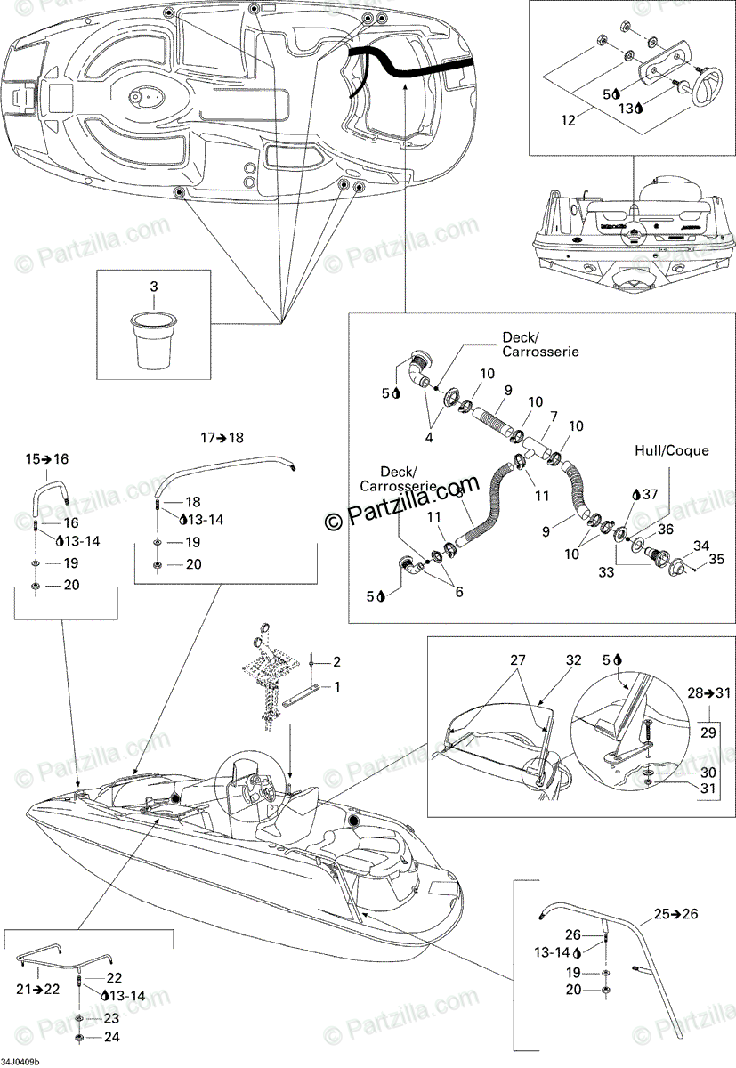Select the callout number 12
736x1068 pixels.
567,117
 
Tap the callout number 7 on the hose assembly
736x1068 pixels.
553,417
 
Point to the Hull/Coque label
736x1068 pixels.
672,450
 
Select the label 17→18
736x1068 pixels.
222,438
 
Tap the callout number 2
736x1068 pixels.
337,661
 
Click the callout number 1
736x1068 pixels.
337,686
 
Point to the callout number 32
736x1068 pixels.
573,660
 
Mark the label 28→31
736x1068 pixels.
708,692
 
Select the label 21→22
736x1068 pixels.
37,989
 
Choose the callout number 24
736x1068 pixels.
112,1036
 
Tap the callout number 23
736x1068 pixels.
112,1018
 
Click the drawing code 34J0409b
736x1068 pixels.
20,1062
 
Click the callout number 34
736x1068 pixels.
702,545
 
